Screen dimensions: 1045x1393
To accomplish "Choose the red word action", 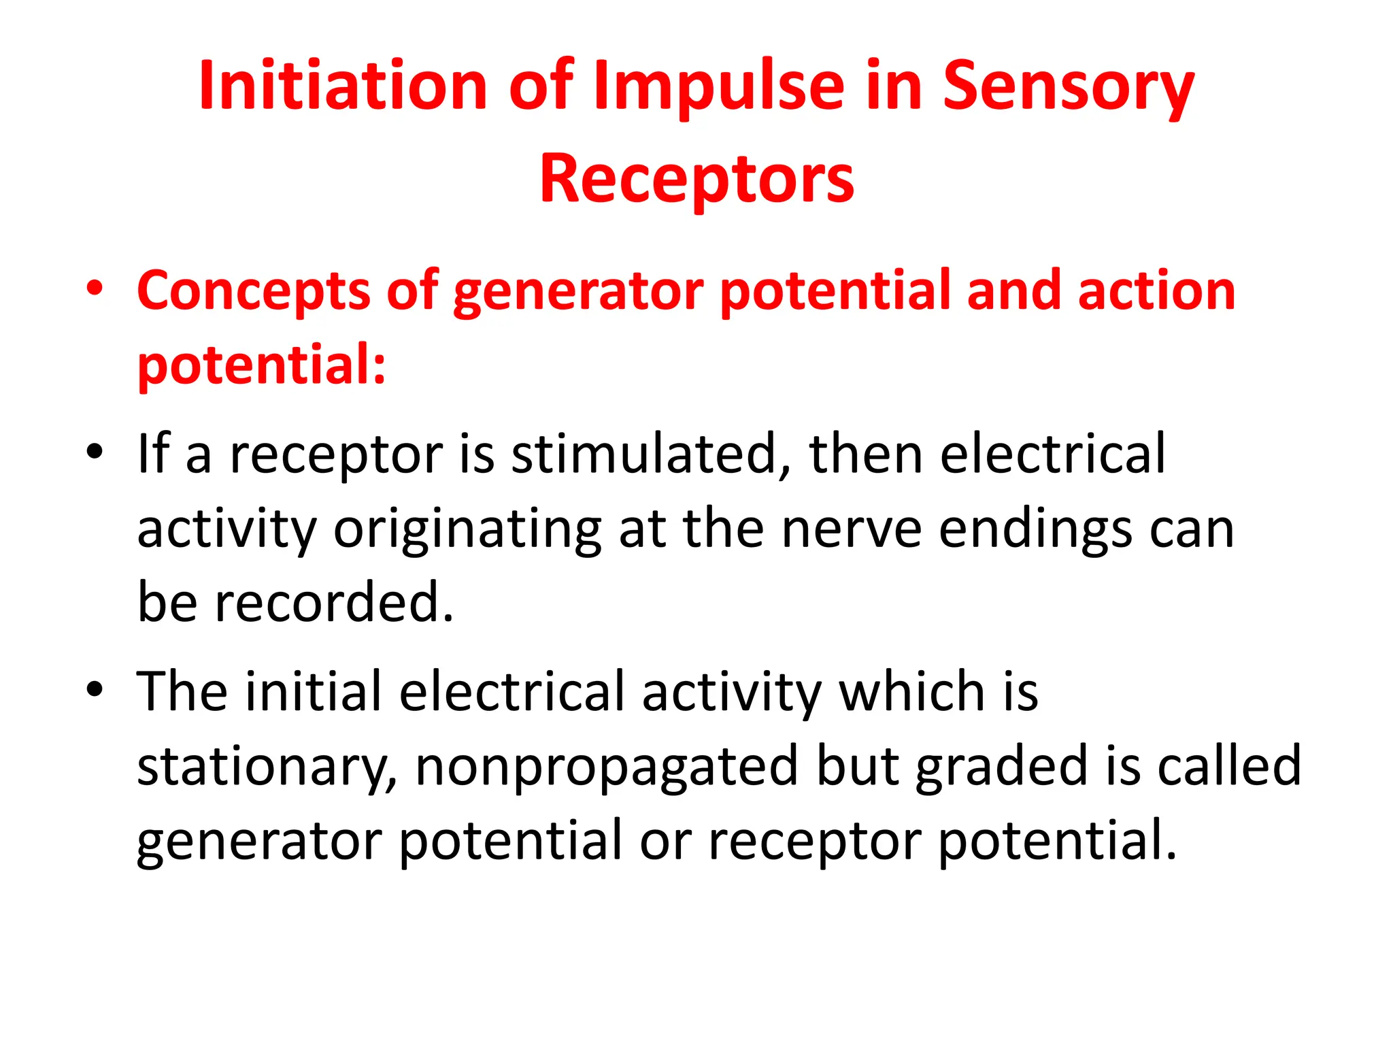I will point(1156,291).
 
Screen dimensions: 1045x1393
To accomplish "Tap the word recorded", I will point(333,603).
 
